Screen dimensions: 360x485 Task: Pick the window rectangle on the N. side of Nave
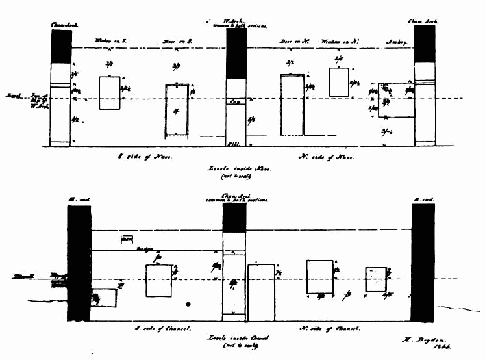point(339,82)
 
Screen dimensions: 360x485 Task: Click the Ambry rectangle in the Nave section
point(396,99)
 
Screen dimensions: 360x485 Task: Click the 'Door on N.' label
point(292,40)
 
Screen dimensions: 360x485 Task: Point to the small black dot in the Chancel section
point(188,303)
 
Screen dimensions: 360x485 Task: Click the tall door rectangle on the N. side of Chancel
point(261,292)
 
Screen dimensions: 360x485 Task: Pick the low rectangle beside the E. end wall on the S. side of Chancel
point(104,298)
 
